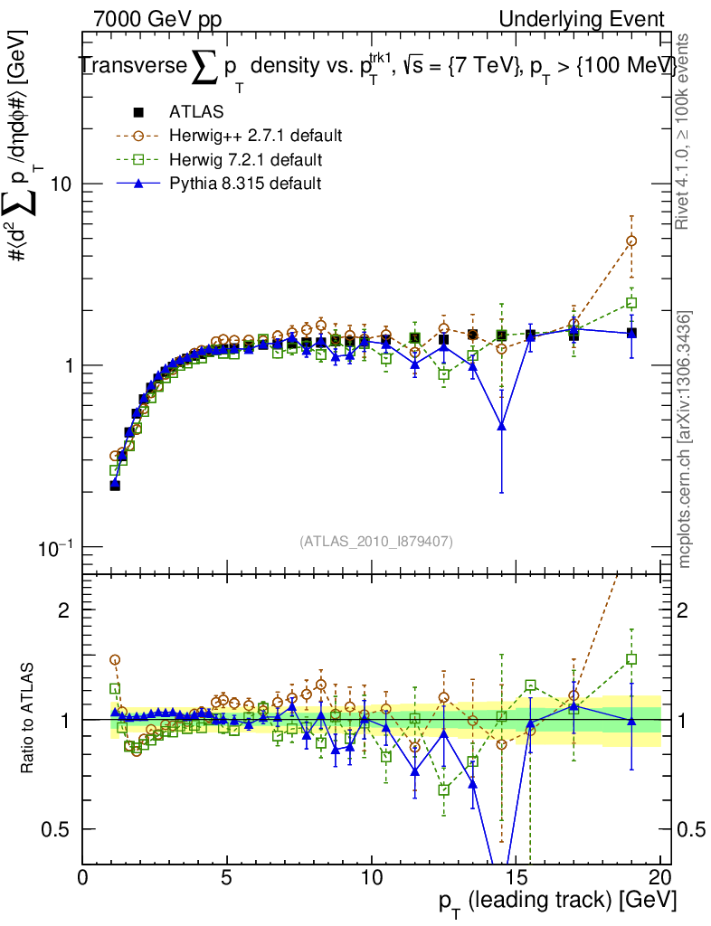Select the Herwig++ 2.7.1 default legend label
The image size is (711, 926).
[x=255, y=136]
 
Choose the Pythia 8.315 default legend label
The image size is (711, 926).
[x=244, y=184]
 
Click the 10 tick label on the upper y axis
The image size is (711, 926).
[x=60, y=184]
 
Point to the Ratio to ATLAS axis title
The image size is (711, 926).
[x=28, y=720]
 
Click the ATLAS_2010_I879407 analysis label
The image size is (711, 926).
[x=376, y=541]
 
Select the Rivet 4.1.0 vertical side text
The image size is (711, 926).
[x=685, y=131]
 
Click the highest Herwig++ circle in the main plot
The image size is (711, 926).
[x=631, y=241]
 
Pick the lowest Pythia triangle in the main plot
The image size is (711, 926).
[x=501, y=425]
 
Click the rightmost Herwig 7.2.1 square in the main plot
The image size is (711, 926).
[x=631, y=303]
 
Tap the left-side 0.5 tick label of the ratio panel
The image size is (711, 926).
[x=59, y=829]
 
